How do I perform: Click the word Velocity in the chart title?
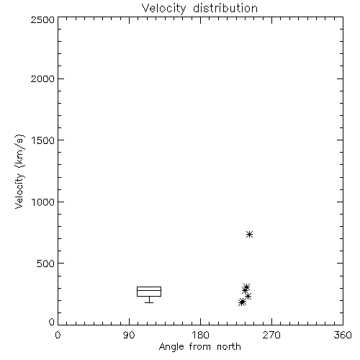click(x=164, y=9)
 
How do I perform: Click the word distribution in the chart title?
click(x=225, y=8)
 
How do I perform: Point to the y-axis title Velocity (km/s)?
click(x=19, y=172)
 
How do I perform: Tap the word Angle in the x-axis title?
click(x=171, y=347)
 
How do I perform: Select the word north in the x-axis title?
click(x=229, y=346)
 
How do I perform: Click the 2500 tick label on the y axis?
click(x=42, y=19)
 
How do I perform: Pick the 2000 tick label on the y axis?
click(x=42, y=78)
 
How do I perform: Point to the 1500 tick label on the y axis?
click(x=43, y=140)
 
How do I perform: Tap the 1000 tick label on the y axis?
click(x=43, y=202)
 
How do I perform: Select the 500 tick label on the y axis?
click(x=46, y=264)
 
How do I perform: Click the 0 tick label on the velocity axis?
click(x=52, y=322)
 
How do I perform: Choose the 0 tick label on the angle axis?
click(x=58, y=335)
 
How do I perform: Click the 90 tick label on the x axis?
click(x=129, y=335)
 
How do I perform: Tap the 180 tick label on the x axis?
click(x=200, y=335)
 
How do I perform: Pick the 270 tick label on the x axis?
click(x=271, y=335)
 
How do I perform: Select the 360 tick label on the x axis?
click(x=343, y=335)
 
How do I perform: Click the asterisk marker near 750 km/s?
click(x=250, y=234)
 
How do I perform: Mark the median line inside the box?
click(x=149, y=290)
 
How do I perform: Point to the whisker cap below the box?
click(x=149, y=302)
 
